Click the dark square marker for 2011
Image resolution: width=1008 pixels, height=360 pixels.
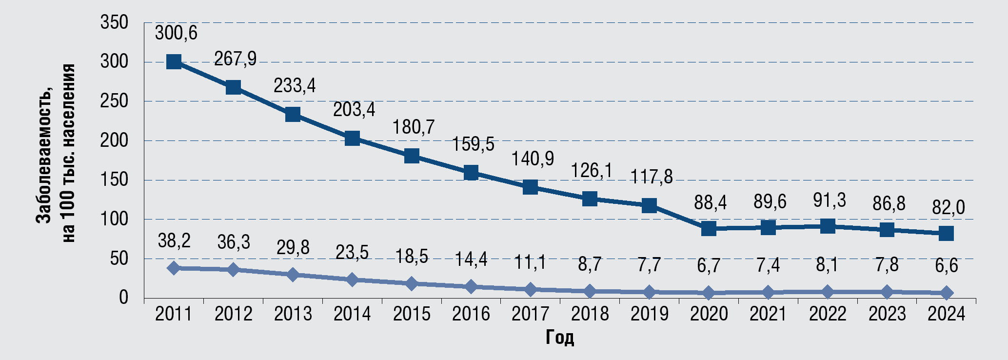click(174, 62)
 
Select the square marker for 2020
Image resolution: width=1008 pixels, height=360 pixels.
click(709, 228)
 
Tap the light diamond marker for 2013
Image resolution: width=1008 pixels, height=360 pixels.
click(293, 275)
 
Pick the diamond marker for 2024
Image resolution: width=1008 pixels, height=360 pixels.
click(946, 293)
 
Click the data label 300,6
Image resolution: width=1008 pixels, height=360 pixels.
click(176, 33)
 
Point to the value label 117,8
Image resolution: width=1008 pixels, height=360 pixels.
click(652, 177)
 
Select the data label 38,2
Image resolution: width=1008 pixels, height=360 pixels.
click(174, 240)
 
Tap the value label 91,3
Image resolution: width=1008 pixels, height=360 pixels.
click(829, 200)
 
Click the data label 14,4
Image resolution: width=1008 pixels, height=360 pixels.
click(471, 259)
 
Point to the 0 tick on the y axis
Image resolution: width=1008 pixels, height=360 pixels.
click(123, 298)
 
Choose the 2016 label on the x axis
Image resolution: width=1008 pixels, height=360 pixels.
click(471, 314)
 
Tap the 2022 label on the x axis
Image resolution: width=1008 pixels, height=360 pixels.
click(828, 314)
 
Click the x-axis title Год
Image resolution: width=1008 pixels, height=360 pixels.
click(559, 338)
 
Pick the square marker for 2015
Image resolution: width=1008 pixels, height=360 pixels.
click(412, 156)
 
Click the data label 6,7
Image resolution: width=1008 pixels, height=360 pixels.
click(709, 266)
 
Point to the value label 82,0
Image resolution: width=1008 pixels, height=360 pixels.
click(946, 208)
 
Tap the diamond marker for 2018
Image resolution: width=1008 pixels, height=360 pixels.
click(590, 291)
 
